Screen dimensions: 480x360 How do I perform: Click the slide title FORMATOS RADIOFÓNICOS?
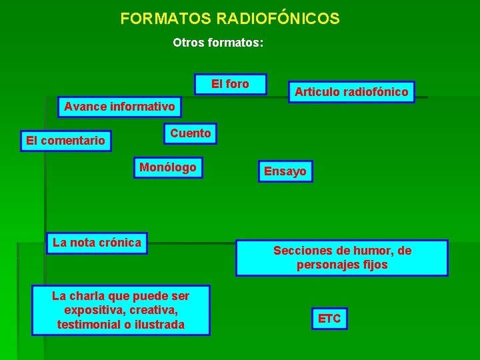(230, 19)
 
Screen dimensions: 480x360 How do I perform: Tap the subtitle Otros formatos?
(218, 43)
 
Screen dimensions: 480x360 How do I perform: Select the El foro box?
(230, 84)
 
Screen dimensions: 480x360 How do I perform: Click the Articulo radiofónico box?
(351, 91)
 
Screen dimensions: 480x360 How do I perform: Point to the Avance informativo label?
(119, 106)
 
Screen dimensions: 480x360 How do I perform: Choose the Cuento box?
(190, 133)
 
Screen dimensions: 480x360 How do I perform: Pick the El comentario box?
(65, 141)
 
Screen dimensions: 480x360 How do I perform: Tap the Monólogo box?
(168, 167)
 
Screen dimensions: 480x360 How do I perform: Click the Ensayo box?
(285, 171)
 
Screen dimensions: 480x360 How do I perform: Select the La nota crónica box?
(97, 243)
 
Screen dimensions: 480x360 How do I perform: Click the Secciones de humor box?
(342, 257)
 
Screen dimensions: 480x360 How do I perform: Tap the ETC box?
(329, 319)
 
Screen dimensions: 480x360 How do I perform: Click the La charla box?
(121, 310)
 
